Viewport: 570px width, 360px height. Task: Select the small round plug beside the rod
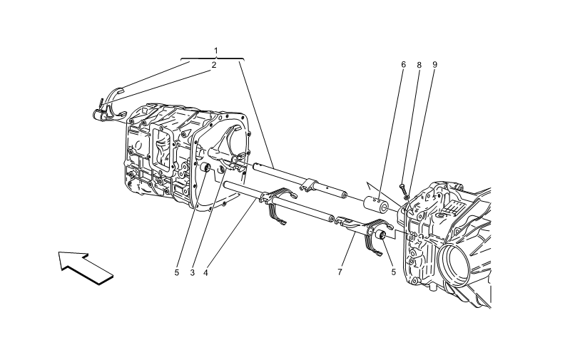[x=204, y=168]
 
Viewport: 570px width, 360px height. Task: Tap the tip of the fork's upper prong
[x=293, y=192]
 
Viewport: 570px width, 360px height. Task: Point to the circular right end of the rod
[x=332, y=219]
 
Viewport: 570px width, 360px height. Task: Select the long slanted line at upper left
[x=143, y=91]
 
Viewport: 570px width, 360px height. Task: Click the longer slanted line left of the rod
[x=208, y=220]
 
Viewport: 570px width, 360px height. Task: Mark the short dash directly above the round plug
[x=202, y=150]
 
